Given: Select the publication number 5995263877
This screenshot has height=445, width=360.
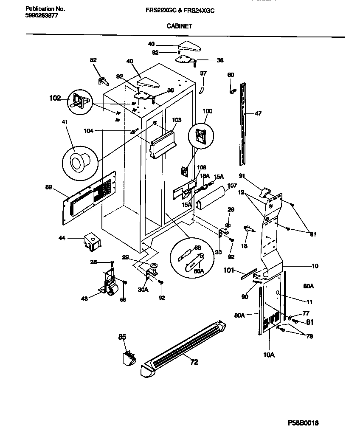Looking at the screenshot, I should click(x=42, y=16).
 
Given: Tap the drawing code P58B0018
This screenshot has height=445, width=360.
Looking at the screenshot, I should click(x=303, y=423).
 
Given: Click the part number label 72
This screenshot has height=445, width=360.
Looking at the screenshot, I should click(x=194, y=362).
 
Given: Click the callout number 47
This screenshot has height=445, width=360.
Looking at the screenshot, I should click(x=258, y=113).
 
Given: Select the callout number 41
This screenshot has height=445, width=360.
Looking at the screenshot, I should click(x=65, y=122).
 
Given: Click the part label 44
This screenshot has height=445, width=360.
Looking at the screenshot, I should click(x=62, y=239).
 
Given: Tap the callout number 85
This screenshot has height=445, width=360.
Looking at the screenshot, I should click(x=122, y=338).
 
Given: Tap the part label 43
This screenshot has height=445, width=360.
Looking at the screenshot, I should click(x=85, y=299).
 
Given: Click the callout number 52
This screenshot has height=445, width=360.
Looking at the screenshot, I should click(x=93, y=60).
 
